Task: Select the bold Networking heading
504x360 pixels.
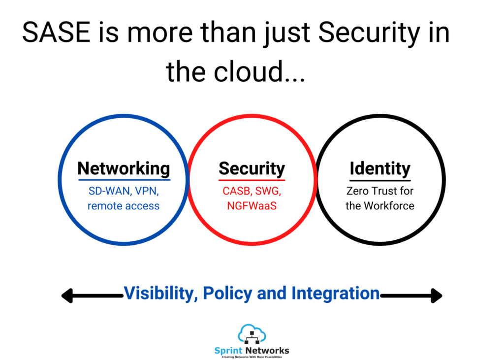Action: tap(124, 168)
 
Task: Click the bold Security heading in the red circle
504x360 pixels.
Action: tap(252, 169)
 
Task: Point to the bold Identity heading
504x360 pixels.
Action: tap(380, 169)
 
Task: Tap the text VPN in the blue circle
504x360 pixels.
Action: tap(147, 192)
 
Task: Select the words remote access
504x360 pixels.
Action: tap(124, 206)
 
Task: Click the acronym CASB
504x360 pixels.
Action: tap(237, 191)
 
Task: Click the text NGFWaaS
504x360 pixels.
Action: tap(252, 206)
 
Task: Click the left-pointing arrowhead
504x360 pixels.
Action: tap(67, 295)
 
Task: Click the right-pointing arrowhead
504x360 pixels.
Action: tap(437, 295)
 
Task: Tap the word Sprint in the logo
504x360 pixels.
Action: tap(228, 350)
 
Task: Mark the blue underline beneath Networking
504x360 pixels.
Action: tap(124, 180)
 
